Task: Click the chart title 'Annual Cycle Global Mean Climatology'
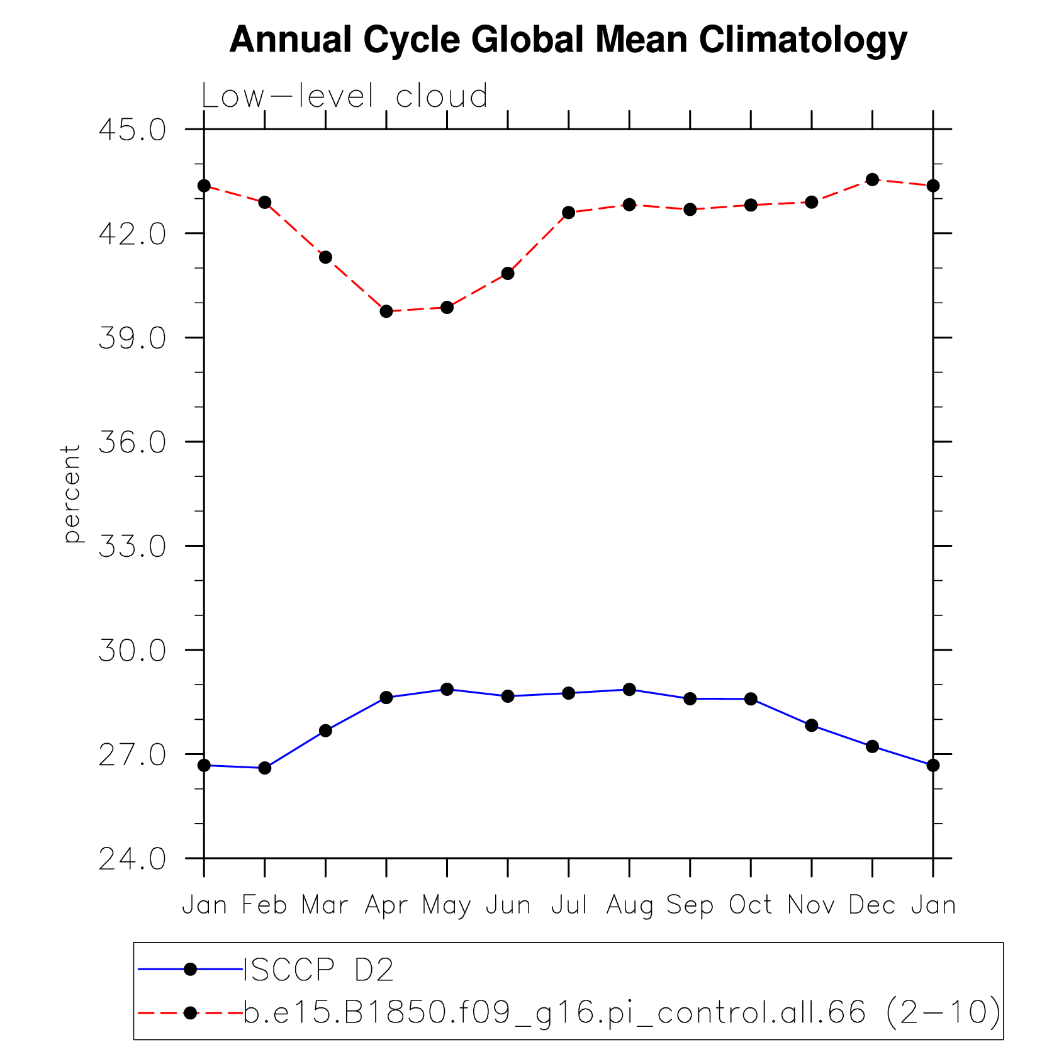[x=568, y=40]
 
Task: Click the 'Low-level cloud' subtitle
[x=344, y=96]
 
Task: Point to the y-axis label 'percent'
[x=72, y=493]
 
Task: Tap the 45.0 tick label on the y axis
[x=133, y=130]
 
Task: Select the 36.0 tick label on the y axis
[x=133, y=442]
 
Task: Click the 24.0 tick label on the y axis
[x=133, y=859]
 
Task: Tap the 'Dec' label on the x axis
[x=872, y=905]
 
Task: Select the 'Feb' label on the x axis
[x=264, y=905]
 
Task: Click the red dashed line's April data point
[x=386, y=311]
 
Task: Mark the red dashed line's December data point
[x=872, y=179]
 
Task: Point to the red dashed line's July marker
[x=569, y=213]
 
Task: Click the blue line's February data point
[x=264, y=768]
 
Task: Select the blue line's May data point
[x=447, y=689]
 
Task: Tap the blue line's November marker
[x=812, y=725]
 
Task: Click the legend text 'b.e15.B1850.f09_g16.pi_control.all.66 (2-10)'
[x=622, y=1012]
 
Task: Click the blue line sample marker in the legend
[x=191, y=970]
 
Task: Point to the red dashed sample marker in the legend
[x=191, y=1012]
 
